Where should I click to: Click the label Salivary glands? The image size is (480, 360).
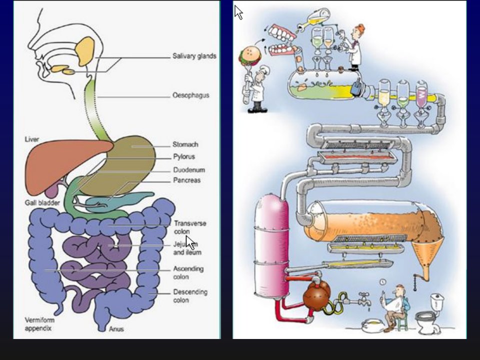[x=194, y=56]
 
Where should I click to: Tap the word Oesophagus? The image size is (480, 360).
[x=191, y=95]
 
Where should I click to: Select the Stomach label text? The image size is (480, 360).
[x=185, y=144]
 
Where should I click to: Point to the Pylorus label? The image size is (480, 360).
[x=184, y=156]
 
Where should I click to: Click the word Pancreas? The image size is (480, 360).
[x=186, y=180]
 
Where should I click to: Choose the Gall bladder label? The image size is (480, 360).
[x=42, y=202]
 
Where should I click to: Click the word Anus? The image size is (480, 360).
[x=116, y=329]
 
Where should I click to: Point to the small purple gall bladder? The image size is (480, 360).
[x=51, y=190]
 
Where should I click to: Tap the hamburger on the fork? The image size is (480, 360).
[x=250, y=55]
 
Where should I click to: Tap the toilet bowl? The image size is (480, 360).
[x=427, y=321]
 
